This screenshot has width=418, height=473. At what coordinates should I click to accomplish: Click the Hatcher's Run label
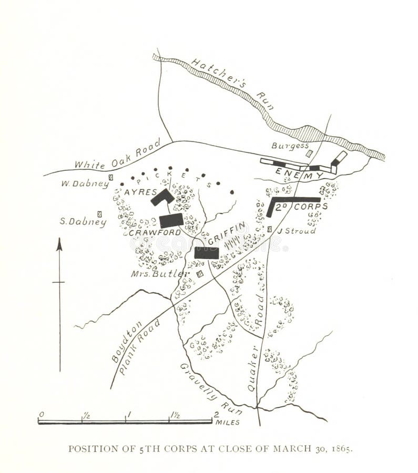point(232,83)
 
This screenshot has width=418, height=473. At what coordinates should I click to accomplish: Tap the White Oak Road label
point(110,157)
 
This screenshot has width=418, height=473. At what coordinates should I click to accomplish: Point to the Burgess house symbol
point(309,154)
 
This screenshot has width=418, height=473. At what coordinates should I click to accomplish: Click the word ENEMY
point(291,173)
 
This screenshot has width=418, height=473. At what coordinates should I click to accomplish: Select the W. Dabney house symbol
point(110,178)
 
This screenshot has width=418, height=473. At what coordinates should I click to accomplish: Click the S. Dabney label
point(83,222)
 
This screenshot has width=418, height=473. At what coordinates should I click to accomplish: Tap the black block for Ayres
point(162,198)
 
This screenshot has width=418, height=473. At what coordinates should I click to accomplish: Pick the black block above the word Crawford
point(171,220)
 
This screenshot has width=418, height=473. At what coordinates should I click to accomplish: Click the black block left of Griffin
point(206,253)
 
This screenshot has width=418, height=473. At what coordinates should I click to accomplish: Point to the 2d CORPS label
point(304,207)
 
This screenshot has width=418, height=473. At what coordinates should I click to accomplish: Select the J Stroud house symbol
point(269,229)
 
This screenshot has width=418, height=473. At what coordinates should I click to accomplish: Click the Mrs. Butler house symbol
point(199,274)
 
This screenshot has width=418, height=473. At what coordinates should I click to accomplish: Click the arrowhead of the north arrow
point(59,244)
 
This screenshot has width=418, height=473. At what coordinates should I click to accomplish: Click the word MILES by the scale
point(228,422)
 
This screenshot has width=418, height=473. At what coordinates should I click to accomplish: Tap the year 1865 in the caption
point(342,449)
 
